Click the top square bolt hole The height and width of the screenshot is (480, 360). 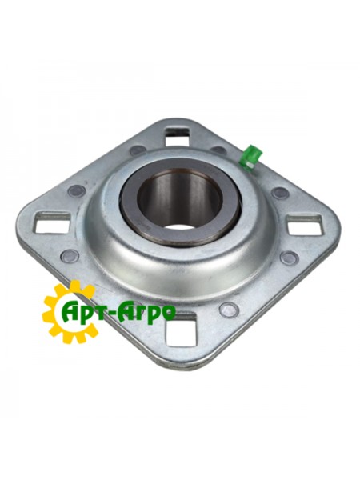coord(178,135)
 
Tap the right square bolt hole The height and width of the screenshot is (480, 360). coord(304,224)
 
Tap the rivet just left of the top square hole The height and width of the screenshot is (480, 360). coord(137,150)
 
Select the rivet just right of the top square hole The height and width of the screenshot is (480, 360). coord(218,150)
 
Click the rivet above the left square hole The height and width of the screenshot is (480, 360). coord(76,191)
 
